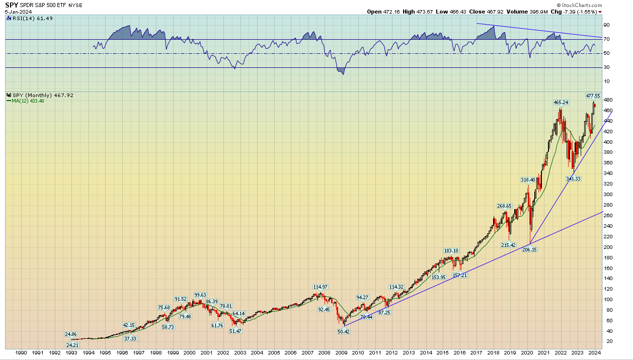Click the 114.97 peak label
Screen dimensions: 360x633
[x=321, y=287]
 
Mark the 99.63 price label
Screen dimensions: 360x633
[x=201, y=295]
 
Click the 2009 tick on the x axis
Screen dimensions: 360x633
[x=341, y=353]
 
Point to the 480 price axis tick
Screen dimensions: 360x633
[x=608, y=100]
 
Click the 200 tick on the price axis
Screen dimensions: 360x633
[x=608, y=247]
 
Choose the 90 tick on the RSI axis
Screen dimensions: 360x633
[x=607, y=25]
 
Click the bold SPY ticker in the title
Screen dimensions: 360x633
[x=12, y=5]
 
